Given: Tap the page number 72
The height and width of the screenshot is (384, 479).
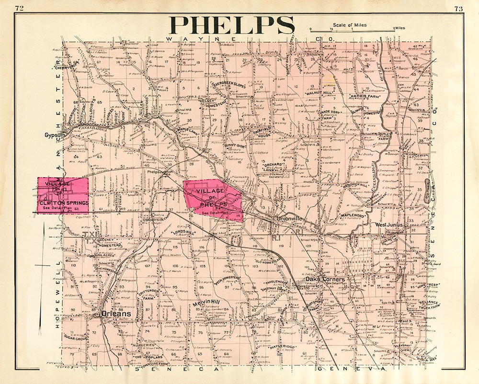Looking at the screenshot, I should [x=20, y=8].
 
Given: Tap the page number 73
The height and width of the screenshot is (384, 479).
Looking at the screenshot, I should [x=458, y=8].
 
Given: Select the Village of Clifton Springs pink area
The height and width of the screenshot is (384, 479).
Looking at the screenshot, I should [x=63, y=195].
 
